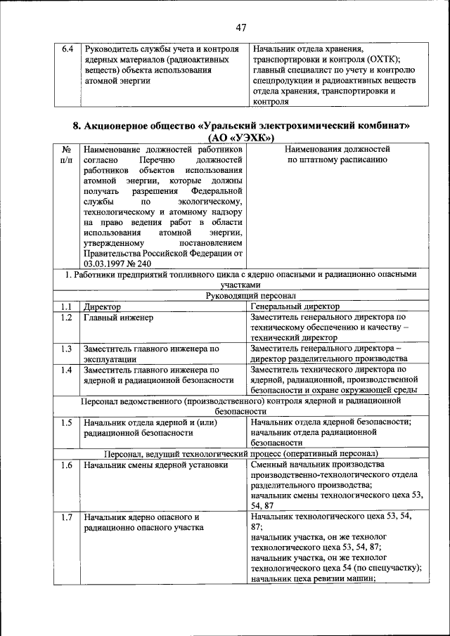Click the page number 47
241,27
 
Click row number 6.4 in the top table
67,49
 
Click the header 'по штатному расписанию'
337,160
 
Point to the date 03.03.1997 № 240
117,263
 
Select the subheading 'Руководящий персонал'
241,297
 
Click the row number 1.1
66,307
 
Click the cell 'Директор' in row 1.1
103,307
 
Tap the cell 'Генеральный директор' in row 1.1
295,307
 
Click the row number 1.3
66,349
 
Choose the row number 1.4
66,370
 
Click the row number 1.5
66,422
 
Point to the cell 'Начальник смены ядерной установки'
155,465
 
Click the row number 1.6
66,465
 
